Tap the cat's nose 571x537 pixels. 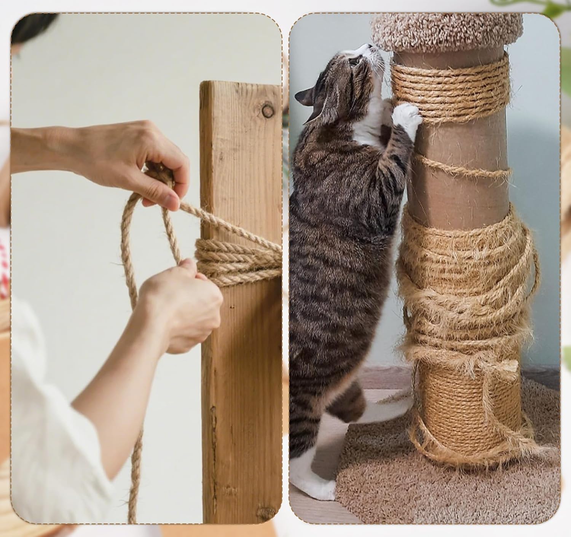tap(370, 46)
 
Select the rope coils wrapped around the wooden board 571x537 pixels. tap(236, 259)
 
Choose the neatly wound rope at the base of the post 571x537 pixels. tap(468, 407)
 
